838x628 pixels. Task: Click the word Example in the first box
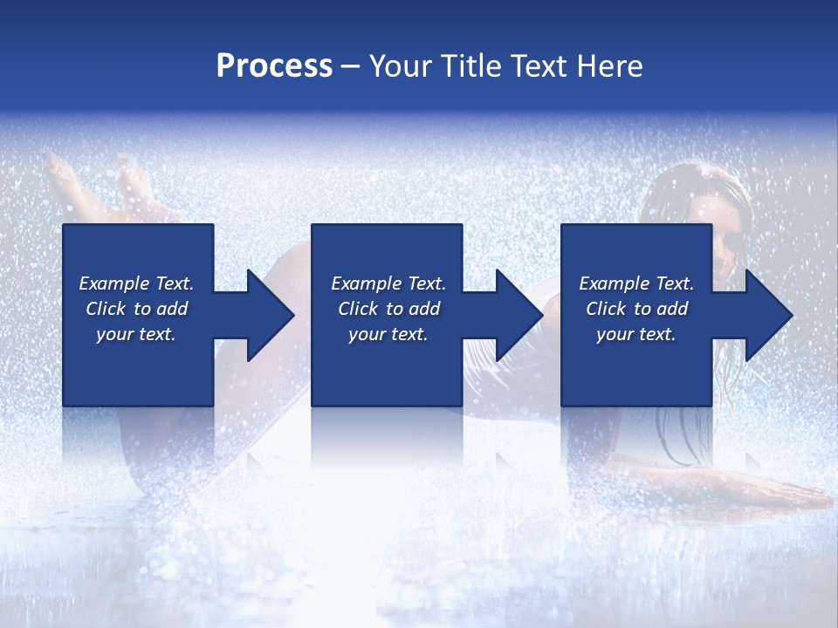(114, 283)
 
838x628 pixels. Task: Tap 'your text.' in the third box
(635, 334)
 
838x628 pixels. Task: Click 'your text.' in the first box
(136, 334)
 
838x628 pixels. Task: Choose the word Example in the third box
(615, 283)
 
